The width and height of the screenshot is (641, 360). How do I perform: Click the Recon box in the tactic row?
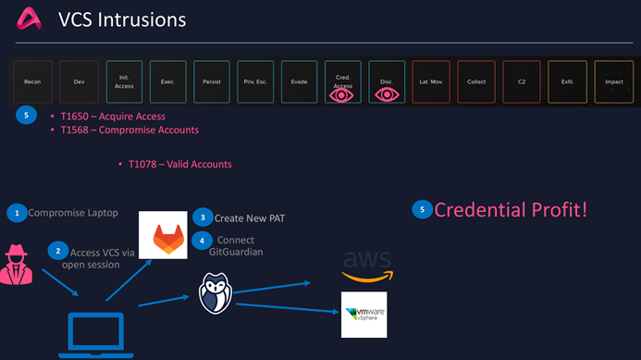tap(32, 81)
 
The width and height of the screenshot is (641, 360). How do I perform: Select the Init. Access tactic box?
tap(124, 81)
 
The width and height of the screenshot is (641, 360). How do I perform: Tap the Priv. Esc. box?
tap(255, 81)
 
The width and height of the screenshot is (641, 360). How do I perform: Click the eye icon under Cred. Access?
tap(341, 95)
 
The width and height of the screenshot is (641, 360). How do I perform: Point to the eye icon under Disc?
tap(387, 95)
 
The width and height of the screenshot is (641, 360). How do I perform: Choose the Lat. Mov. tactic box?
tap(431, 81)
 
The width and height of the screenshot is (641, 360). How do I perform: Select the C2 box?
tap(522, 81)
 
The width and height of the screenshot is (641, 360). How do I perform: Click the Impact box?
tap(614, 81)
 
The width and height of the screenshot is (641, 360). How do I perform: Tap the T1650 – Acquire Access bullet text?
tap(113, 117)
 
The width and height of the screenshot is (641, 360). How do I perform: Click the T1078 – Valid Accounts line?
tap(179, 165)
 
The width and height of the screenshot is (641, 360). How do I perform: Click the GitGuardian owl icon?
tap(216, 293)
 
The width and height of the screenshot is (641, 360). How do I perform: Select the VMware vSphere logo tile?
tap(364, 315)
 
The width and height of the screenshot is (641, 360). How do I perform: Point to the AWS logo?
tap(367, 266)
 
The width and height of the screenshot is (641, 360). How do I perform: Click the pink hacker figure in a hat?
tap(17, 265)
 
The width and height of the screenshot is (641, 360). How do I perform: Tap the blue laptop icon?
tap(96, 335)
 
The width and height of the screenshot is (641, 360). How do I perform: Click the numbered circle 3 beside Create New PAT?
tap(203, 217)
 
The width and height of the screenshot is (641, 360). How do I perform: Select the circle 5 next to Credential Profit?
tap(423, 209)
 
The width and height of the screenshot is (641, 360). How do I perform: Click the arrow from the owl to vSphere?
tap(288, 308)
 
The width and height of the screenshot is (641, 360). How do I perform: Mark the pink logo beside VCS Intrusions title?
tap(29, 19)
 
